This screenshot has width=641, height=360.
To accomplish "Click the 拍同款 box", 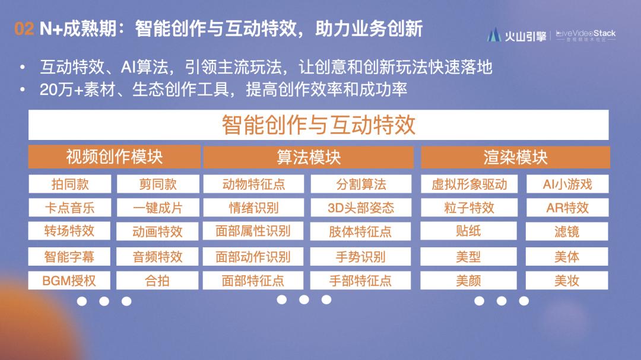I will click(70, 184).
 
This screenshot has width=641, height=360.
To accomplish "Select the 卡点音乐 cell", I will click(70, 208).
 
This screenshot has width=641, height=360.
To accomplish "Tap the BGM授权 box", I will click(69, 281).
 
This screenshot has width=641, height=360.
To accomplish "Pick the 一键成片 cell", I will click(157, 208).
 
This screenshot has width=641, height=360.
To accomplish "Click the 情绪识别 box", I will click(253, 208).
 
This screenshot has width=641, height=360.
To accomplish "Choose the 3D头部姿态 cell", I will click(361, 208).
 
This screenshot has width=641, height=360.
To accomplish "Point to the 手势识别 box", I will click(361, 257).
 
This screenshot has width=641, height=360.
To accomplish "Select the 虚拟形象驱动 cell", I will click(469, 184).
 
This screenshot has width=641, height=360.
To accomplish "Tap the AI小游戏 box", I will click(567, 184).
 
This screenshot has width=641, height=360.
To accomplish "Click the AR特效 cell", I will click(567, 208).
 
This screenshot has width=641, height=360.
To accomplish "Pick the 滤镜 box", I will click(567, 231).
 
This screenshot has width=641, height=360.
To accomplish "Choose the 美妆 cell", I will click(567, 281).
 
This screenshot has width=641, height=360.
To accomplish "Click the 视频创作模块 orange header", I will click(114, 157).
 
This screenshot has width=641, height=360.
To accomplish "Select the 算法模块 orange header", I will click(308, 157).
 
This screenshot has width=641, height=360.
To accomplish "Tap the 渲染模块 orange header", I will click(515, 157).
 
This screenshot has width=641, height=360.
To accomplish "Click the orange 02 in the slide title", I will click(24, 29).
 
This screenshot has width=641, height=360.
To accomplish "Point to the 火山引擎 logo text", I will click(525, 36).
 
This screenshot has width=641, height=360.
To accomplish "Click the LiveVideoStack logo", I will click(586, 34).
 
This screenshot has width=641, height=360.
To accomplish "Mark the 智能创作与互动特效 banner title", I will click(319, 125).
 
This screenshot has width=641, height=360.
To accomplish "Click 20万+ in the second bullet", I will click(57, 90).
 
